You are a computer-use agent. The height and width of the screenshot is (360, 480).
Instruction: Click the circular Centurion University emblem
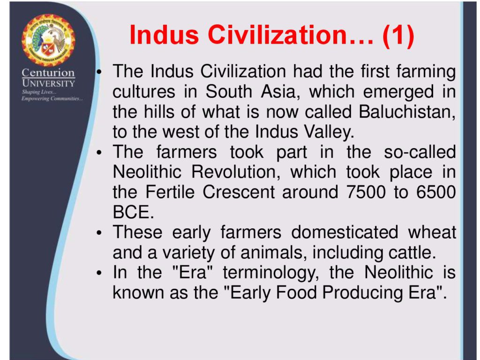48,40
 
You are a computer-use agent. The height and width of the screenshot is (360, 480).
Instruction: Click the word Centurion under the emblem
48,73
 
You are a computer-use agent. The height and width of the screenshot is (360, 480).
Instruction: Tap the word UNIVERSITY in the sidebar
48,83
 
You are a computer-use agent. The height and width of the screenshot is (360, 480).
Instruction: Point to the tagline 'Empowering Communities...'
52,98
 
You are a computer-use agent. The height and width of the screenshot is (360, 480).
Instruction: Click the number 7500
366,192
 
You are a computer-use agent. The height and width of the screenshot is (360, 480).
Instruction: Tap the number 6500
436,192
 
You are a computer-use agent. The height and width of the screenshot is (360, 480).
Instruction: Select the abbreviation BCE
133,212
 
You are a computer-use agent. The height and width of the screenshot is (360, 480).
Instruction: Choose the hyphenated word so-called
420,152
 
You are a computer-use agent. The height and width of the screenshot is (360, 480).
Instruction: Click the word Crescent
239,192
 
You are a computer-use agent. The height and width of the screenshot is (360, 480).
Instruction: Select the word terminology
270,273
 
